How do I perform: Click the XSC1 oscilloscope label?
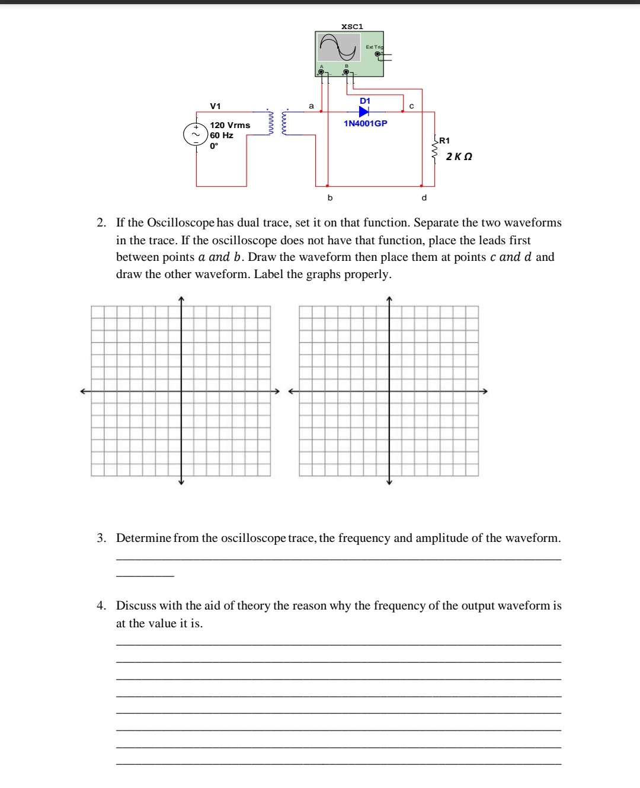(352, 27)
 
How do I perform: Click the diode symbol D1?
(364, 111)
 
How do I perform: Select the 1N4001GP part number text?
(365, 123)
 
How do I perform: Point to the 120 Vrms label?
(230, 125)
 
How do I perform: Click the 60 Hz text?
(222, 135)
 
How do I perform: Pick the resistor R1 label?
(444, 141)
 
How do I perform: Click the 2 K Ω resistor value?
(459, 157)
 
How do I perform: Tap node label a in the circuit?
(311, 106)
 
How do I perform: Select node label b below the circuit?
(330, 197)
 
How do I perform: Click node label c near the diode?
(411, 106)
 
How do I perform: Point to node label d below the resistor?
(424, 197)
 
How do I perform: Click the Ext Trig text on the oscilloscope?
(375, 47)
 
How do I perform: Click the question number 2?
(101, 223)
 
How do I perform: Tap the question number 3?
(101, 538)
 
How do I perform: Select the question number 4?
(101, 606)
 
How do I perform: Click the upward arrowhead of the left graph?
(181, 298)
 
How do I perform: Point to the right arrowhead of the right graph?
(484, 391)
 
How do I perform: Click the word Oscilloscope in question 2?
(181, 223)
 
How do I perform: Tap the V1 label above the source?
(215, 106)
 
